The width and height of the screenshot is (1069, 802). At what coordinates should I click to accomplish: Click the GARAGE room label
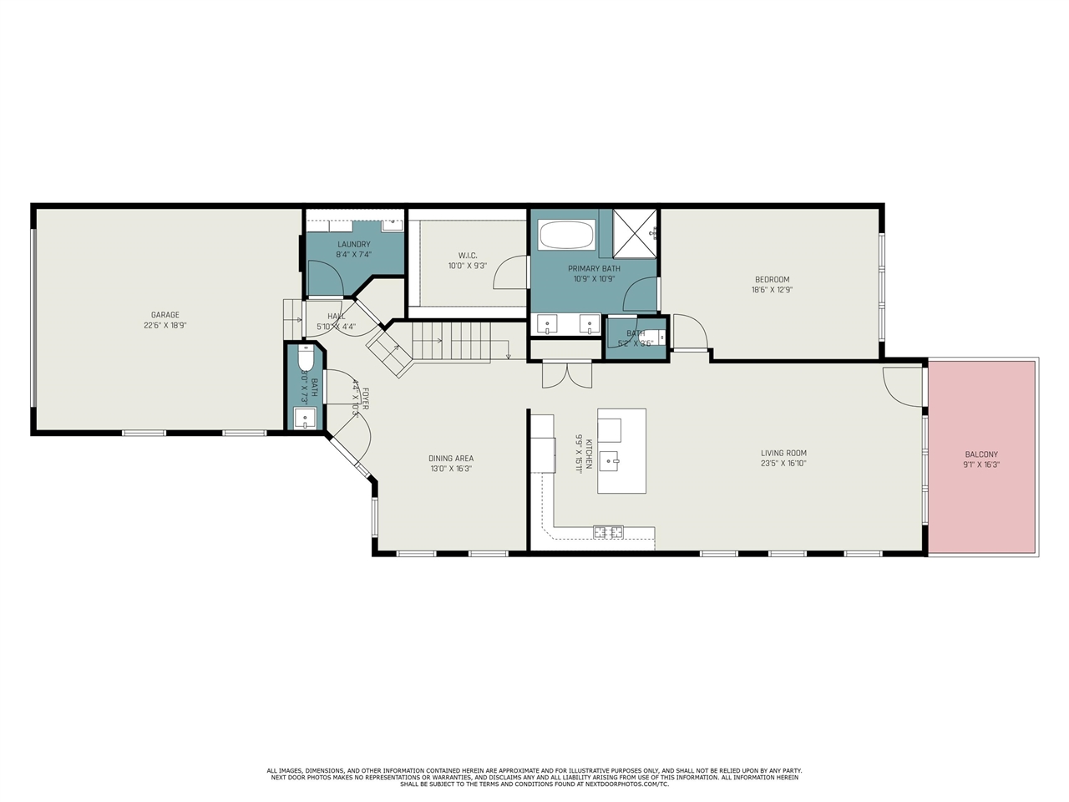coord(165,315)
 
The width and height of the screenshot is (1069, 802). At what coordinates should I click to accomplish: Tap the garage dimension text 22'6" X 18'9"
coord(165,325)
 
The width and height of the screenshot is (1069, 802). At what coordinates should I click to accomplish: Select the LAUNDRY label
coord(353,245)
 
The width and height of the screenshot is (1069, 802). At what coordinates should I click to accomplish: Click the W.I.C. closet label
coord(467,256)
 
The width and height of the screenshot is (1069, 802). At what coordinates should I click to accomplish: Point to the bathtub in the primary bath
coord(566,235)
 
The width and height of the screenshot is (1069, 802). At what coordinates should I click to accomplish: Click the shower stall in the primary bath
coord(635,233)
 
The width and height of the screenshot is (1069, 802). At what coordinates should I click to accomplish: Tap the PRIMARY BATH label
coord(594,269)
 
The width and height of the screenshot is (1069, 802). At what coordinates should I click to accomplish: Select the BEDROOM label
coord(772,280)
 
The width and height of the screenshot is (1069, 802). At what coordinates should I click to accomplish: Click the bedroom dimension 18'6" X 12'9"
coord(772,290)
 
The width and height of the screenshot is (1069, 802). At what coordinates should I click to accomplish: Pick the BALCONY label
coord(981,454)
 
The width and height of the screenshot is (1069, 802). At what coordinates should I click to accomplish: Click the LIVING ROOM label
coord(783,454)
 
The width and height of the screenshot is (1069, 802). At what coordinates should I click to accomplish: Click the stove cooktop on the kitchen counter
coord(608,530)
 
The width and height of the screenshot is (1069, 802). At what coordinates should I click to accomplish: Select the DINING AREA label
coord(451,459)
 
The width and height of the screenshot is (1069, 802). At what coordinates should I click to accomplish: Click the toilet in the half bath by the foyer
coord(304,358)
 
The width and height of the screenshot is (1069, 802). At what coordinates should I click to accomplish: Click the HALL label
coord(336,317)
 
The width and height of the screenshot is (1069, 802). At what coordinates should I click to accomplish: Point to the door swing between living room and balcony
coord(902,384)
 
